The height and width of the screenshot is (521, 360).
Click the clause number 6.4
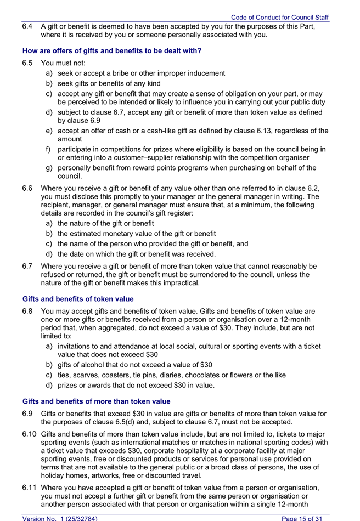(27, 26)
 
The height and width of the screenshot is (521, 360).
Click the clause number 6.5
(27, 63)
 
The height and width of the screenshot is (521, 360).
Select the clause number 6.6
(27, 188)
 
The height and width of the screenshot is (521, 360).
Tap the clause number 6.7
(27, 266)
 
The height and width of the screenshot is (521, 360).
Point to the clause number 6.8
(27, 310)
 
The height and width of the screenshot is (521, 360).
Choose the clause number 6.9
(27, 413)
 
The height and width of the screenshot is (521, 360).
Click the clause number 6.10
(29, 434)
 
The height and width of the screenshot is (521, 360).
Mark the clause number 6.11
(29, 488)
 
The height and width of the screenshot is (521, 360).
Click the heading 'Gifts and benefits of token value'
(78, 299)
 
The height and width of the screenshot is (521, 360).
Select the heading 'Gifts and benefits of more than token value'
(96, 401)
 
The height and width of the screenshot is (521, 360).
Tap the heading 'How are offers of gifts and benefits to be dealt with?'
(112, 51)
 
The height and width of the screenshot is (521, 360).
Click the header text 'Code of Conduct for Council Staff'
(280, 18)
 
